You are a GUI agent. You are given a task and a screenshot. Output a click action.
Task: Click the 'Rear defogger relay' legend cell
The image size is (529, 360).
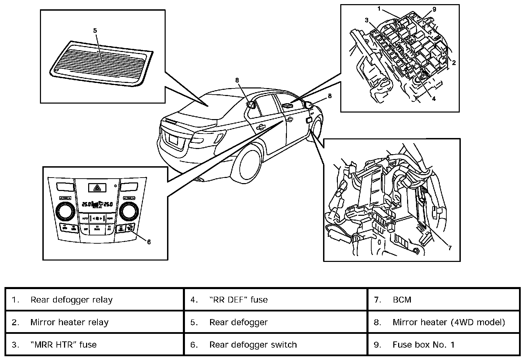(x=71, y=300)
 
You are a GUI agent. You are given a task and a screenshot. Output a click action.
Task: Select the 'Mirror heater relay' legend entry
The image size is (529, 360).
(x=69, y=322)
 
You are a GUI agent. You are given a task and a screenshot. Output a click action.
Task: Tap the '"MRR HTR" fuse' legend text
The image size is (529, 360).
(x=63, y=345)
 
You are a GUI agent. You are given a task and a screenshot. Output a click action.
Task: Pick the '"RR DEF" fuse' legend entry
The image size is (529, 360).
(x=238, y=300)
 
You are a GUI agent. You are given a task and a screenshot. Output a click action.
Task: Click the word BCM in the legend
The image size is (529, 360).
(x=402, y=300)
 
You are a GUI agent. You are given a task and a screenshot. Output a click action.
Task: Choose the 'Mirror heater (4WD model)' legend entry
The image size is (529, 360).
(x=449, y=322)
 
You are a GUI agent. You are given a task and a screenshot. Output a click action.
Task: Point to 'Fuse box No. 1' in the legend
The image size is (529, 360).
(x=424, y=345)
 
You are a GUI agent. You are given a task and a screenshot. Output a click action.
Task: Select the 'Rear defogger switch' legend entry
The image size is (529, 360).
(x=253, y=345)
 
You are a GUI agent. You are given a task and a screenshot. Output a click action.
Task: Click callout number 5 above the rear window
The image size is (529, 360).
(x=95, y=30)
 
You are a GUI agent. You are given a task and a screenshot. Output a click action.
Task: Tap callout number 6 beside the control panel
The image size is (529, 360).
(x=149, y=242)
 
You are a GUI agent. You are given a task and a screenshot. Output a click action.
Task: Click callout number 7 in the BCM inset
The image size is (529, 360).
(x=450, y=247)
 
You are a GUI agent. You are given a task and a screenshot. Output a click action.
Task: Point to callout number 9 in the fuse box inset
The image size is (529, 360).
(x=434, y=9)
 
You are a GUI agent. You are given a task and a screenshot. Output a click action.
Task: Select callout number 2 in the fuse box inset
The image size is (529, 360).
(x=454, y=63)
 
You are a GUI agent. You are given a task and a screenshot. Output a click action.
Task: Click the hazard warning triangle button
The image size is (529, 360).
(x=97, y=188)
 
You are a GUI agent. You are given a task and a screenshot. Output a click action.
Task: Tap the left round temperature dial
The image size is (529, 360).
(x=64, y=211)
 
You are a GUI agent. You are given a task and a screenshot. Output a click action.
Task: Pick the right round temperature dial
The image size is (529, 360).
(x=128, y=211)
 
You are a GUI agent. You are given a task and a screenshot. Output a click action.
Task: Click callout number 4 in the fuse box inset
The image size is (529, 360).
(x=434, y=99)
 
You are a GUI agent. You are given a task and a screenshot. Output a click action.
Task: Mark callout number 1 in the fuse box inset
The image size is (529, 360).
(x=379, y=9)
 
